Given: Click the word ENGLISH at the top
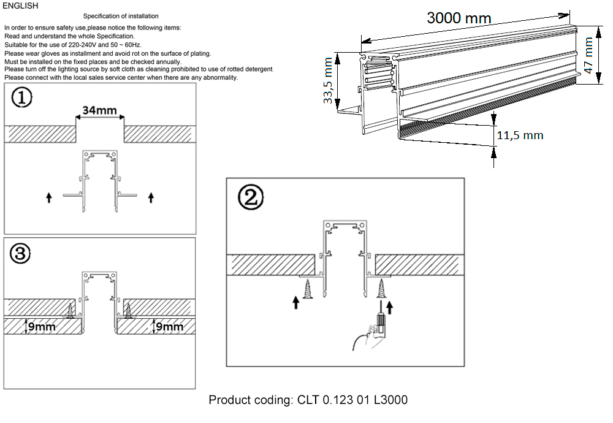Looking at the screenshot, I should [x=20, y=6].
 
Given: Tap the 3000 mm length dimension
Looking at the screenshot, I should [x=459, y=18].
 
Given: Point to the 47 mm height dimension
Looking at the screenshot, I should [x=589, y=55].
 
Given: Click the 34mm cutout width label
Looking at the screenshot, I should [x=100, y=111].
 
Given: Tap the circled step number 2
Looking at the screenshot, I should [x=251, y=197].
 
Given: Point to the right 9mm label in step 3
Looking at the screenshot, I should [x=170, y=327].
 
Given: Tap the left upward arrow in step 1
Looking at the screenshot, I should [x=49, y=197].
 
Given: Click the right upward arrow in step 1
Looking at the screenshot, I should [x=151, y=197].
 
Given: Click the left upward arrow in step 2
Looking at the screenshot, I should [x=297, y=302].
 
